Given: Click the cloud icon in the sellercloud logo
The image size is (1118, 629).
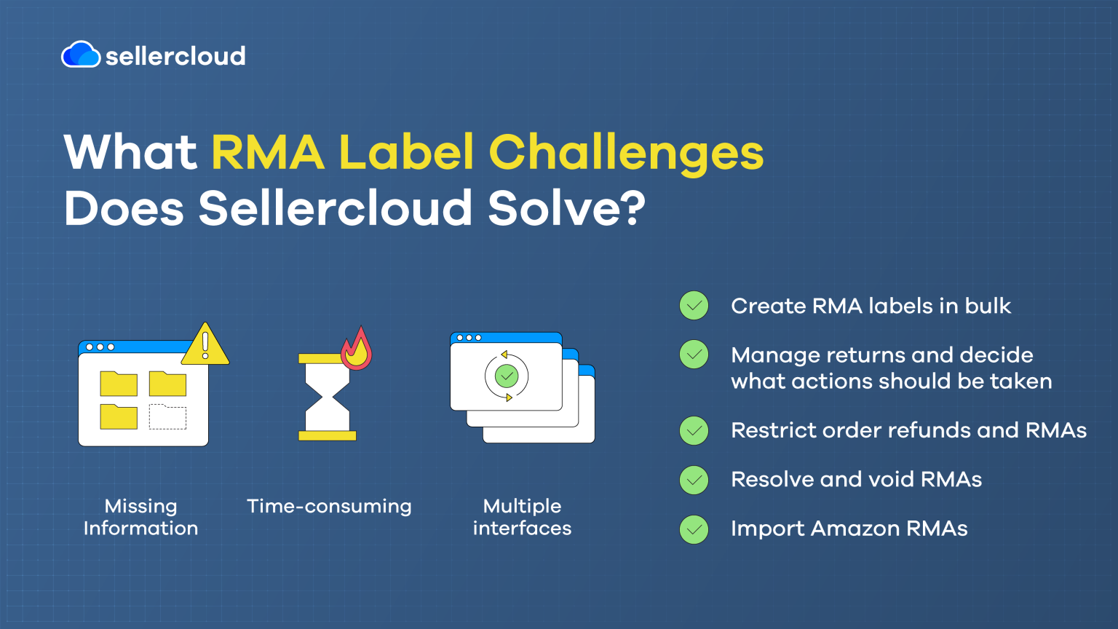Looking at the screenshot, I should [81, 55].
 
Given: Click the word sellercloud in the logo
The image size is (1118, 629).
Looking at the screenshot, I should [175, 56].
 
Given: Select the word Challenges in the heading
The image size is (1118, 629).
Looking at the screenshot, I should [626, 153].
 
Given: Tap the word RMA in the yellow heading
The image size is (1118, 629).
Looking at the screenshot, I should [267, 153].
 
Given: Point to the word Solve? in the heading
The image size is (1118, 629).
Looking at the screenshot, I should [566, 208].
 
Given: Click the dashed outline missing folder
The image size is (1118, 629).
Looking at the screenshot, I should [167, 416].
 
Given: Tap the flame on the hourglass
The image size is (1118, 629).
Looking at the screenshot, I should [357, 349].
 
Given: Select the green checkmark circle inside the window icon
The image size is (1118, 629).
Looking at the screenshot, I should [506, 376].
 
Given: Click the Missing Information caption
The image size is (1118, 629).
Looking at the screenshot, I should [140, 517].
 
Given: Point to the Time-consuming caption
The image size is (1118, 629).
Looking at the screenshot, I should [329, 506].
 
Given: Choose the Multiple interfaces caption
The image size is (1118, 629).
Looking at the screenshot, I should [522, 517].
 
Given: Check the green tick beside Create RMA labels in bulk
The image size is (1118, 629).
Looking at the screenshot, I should [694, 306].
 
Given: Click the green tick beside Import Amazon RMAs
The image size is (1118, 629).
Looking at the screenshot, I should [694, 529].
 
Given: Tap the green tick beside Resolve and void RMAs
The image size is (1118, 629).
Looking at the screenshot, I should [694, 480].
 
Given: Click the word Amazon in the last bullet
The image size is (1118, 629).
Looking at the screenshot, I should [855, 529].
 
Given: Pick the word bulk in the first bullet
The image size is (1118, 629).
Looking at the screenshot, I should [988, 306].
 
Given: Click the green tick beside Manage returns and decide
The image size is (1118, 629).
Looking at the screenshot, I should [694, 355].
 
